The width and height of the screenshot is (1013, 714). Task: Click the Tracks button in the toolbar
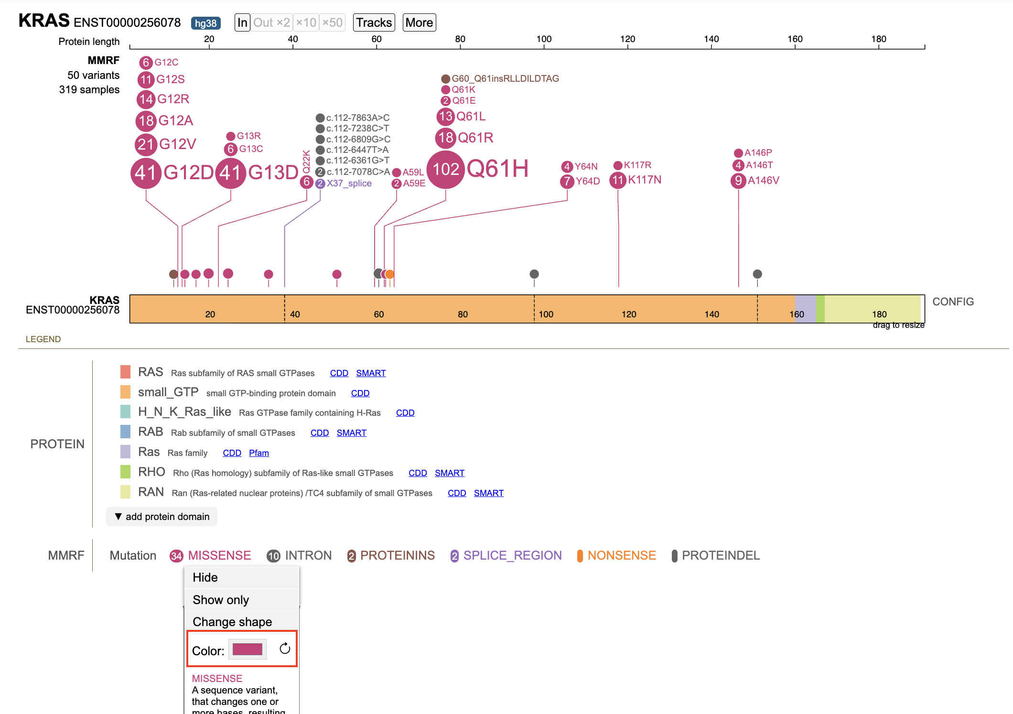pos(374,22)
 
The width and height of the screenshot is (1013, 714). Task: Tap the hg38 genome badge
pos(205,23)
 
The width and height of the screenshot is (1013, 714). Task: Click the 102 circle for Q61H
pos(445,169)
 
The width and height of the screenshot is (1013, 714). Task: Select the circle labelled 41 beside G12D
pos(146,173)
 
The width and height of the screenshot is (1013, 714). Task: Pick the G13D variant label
pos(273,173)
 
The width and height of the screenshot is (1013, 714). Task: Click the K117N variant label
pos(645,180)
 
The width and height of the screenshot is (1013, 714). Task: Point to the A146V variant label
pos(764,180)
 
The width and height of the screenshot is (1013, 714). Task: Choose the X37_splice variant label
pos(349,184)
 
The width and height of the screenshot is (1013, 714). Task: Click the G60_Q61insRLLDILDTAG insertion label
pos(506,78)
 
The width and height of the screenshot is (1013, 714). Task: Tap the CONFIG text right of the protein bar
pos(953,302)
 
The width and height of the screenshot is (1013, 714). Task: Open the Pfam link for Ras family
pos(259,453)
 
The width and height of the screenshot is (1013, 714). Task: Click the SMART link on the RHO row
pos(450,473)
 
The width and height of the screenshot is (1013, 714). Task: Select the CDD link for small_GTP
pos(360,393)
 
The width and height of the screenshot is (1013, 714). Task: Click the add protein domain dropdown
pos(162,517)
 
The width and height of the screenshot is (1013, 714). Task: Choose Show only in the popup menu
pos(221,600)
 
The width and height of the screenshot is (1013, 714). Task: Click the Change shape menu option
pos(232,622)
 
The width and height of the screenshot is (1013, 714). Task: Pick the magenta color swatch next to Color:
pos(248,649)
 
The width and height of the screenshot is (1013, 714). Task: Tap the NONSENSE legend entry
pos(616,555)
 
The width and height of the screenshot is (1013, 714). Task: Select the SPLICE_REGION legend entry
pos(506,555)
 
